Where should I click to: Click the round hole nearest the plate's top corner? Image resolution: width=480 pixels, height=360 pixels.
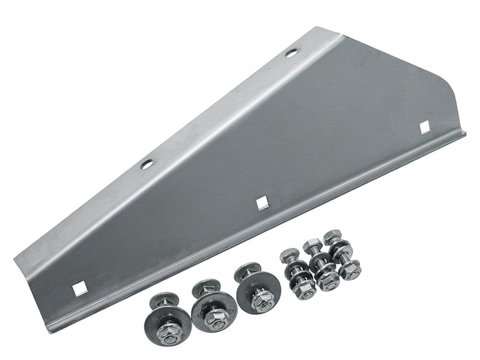(x=291, y=53)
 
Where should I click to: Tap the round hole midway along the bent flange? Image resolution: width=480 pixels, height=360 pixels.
(x=146, y=164)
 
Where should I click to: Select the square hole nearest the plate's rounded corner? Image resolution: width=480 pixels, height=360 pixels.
(x=424, y=127)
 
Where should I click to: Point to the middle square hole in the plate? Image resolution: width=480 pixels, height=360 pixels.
(x=262, y=203)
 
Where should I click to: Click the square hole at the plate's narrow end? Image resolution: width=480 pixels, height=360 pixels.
(x=80, y=289)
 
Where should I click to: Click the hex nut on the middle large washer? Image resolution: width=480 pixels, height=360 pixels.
(x=216, y=318)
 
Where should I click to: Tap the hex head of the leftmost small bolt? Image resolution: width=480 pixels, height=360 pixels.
(x=289, y=254)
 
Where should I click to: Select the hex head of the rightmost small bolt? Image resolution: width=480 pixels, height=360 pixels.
(x=332, y=237)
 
